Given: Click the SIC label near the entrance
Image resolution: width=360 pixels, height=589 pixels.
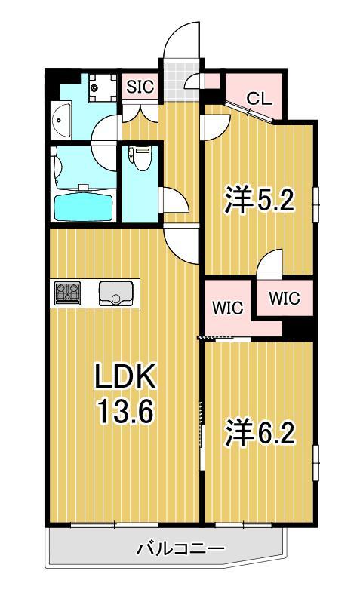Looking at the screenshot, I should [x=140, y=87].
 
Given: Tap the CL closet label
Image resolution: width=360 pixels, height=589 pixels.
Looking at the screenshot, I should [x=259, y=97].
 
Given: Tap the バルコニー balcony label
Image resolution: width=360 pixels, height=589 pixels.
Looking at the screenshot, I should [x=180, y=549].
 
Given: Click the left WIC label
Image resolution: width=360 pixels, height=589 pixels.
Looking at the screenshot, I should [x=226, y=308].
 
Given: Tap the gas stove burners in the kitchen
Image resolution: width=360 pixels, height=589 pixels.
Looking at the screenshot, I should [x=67, y=293].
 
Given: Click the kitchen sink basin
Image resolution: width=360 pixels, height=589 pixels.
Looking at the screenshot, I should [x=115, y=293].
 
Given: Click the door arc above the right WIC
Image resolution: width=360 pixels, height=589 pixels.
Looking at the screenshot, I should [x=269, y=264].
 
